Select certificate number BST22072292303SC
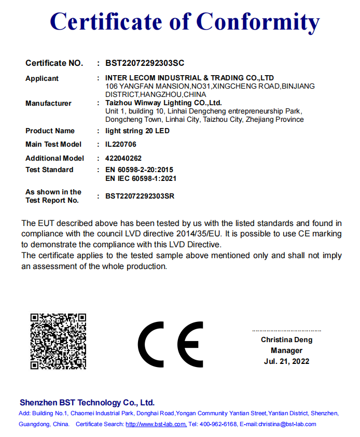[145, 63]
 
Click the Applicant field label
[42, 79]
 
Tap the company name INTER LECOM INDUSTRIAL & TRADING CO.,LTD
[189, 78]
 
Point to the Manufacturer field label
[48, 104]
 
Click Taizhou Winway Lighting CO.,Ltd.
[163, 103]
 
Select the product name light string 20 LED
[137, 131]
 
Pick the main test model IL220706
[121, 144]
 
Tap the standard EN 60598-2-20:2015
[139, 170]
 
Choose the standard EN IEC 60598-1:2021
[141, 178]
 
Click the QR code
[58, 341]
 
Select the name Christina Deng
[286, 341]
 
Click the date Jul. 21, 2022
[286, 361]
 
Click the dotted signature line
[286, 330]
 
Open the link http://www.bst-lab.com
[156, 424]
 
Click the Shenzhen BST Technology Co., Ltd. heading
[87, 403]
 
